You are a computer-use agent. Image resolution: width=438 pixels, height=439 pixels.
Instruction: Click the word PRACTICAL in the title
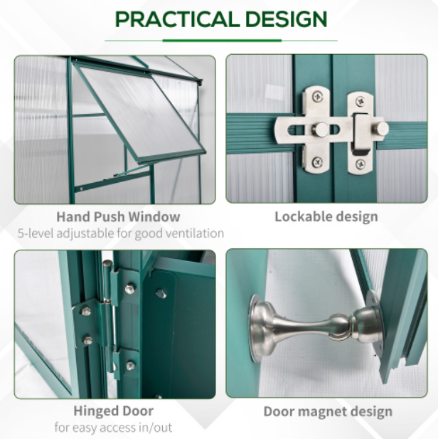[177, 19]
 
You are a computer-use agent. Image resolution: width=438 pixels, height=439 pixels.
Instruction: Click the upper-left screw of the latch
[317, 97]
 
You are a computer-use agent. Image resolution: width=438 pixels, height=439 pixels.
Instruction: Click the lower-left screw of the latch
[317, 162]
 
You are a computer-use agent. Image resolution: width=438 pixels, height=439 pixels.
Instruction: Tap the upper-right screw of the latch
[360, 101]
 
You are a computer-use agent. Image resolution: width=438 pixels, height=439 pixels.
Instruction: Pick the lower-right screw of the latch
[360, 164]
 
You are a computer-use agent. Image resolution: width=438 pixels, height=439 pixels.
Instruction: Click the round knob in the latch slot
[321, 129]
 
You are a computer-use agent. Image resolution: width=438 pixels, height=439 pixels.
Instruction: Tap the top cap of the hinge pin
[107, 263]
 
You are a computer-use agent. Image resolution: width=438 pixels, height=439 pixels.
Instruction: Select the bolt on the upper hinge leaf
[129, 289]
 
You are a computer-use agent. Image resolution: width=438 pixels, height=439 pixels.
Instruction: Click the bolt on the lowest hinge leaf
[130, 366]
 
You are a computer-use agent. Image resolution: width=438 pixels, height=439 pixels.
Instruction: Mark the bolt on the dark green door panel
[161, 294]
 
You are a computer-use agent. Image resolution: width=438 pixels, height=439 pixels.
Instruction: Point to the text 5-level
[36, 233]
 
